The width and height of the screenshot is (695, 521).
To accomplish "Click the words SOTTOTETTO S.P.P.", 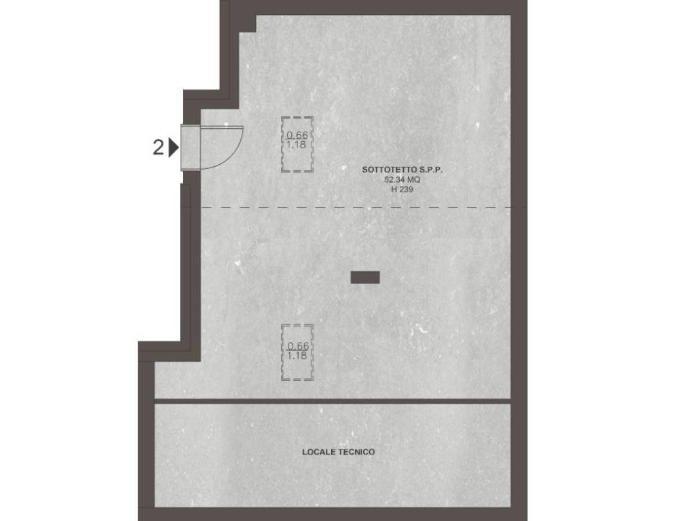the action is coord(402,170).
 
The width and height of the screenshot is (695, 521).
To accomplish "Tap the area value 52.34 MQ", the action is coord(402,180).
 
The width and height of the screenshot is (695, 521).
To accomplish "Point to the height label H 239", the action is coord(402,190).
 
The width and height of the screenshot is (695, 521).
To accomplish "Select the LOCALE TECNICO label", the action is coord(338,452).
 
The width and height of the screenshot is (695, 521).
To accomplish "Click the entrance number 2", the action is coord(158,147).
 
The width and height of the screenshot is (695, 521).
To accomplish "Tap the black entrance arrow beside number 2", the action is coord(174,147).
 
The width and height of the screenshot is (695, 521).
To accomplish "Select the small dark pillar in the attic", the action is coord(365,277).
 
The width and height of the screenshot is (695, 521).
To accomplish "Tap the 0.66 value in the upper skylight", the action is coord(297,135).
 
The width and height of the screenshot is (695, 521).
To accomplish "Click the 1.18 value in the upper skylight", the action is coord(296,145).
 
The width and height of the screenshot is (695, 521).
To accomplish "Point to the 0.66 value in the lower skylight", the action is coord(298,345).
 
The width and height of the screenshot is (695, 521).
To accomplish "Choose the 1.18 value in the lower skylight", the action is coord(297,355).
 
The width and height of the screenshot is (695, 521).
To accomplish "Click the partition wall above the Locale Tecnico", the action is coord(333,401).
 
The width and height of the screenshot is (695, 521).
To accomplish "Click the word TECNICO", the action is coord(356,452).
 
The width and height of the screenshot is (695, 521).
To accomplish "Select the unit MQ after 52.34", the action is coord(413,180).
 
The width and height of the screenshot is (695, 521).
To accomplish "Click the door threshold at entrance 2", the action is coord(191,147).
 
